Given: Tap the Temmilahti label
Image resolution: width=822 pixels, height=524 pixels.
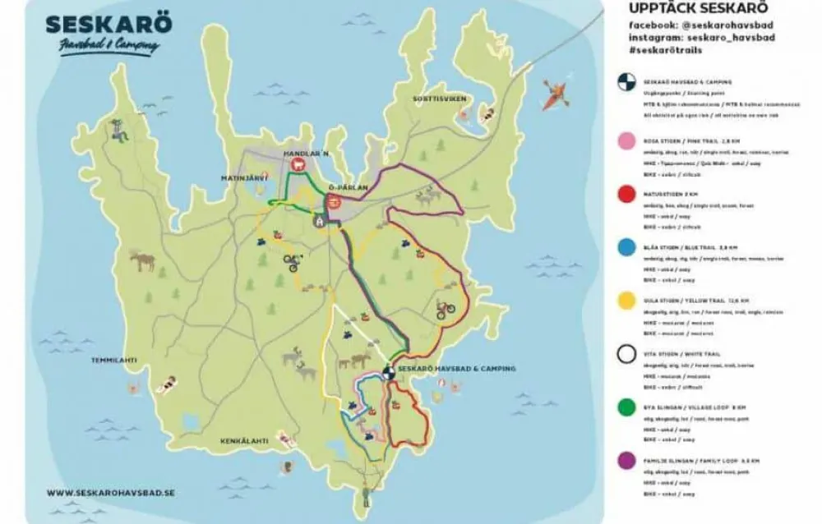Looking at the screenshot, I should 118,361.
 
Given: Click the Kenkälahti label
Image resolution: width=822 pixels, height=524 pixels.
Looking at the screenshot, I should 244,441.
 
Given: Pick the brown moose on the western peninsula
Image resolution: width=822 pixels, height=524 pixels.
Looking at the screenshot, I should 141,261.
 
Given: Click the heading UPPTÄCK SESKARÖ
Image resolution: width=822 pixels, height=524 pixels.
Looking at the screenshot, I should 685,10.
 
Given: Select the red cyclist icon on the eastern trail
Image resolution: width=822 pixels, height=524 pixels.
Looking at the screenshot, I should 445,310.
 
